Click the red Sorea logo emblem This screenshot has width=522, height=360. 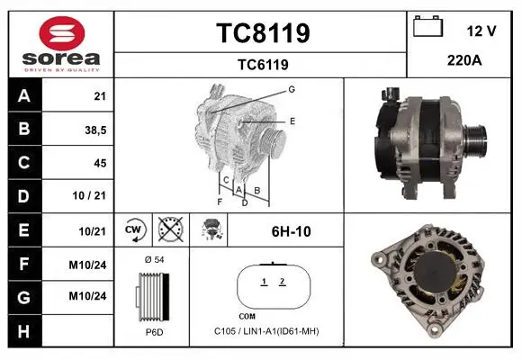click(62, 33)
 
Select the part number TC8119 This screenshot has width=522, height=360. click(263, 33)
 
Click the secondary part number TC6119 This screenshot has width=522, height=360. click(263, 65)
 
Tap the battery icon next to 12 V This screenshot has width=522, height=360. click(427, 26)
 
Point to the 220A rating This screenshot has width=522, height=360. click(464, 60)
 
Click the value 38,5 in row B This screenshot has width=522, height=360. click(95, 130)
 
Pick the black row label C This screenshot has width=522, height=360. click(24, 163)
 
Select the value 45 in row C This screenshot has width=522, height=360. click(100, 163)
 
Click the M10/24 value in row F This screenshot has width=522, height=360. click(87, 265)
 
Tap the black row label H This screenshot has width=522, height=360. click(24, 331)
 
